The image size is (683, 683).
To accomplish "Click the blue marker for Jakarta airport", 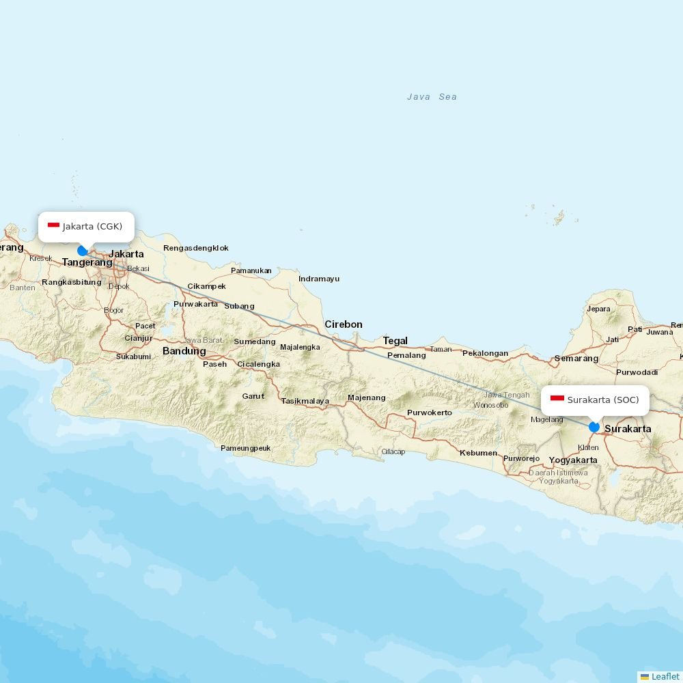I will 83,251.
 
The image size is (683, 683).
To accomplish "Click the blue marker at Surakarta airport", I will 594,427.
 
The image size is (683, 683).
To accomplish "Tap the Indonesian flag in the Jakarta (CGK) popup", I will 53,225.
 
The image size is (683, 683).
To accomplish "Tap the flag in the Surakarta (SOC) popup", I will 557,399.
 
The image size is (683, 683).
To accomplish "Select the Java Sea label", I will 432,97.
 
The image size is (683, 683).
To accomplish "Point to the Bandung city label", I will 184,351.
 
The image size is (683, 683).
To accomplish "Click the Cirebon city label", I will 344,324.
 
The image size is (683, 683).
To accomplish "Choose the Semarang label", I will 576,359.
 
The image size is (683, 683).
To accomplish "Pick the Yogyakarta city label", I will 573,460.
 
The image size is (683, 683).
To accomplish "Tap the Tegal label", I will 395,341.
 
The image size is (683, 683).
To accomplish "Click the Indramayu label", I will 319,279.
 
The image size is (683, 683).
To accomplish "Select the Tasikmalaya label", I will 305,401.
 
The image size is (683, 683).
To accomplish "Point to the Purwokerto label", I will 430,413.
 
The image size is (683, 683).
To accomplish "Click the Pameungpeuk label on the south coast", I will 246,448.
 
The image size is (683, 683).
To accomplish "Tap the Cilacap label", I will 393,451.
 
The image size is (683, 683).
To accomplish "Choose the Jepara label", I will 598,309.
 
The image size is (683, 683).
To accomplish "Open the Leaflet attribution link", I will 665,676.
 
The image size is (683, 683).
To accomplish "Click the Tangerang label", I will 87,262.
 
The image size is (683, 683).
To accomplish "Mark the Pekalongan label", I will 485,353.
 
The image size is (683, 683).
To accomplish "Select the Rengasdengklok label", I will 196,248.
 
